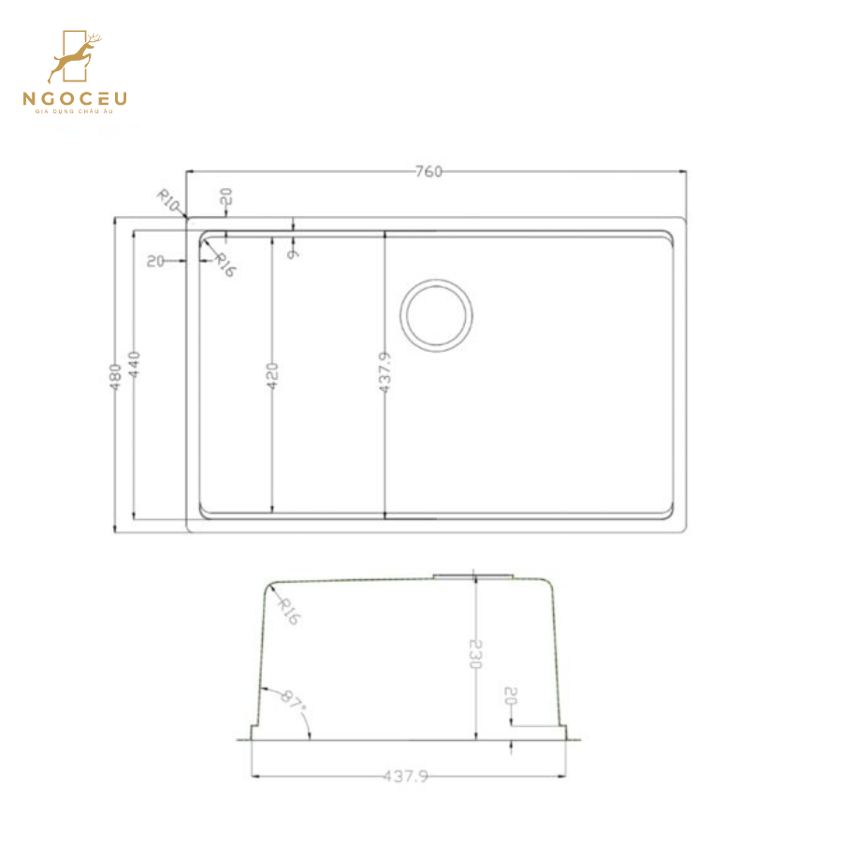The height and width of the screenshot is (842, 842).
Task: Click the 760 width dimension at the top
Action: [x=428, y=171]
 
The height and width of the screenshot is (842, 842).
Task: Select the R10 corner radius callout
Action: [x=167, y=199]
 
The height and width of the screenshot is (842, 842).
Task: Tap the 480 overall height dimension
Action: [x=117, y=376]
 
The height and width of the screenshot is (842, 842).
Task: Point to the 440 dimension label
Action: [x=136, y=364]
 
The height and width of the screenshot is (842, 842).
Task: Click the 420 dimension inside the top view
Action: [x=272, y=375]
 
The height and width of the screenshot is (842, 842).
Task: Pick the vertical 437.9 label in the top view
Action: [x=385, y=372]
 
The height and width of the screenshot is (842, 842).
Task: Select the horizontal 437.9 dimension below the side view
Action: [x=405, y=776]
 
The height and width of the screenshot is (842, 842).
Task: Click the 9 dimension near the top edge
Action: [x=294, y=251]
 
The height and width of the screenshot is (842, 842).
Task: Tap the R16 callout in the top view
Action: [x=225, y=266]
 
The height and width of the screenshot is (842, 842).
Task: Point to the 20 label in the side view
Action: [x=511, y=696]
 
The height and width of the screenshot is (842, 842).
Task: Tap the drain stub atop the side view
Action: [x=473, y=573]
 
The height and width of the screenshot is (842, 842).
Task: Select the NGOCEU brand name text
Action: [x=75, y=98]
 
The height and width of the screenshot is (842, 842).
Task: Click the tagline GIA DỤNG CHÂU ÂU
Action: [x=75, y=113]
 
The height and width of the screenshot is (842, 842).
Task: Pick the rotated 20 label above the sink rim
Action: [x=225, y=197]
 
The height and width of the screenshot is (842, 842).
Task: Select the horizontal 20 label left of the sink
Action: [x=156, y=261]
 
